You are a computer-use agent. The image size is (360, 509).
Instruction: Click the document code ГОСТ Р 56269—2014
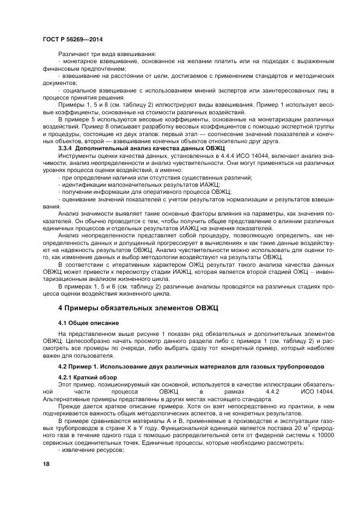coord(72,40)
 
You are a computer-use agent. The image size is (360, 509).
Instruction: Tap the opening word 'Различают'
coord(73,54)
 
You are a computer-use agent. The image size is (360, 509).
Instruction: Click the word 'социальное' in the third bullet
coord(80,90)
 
